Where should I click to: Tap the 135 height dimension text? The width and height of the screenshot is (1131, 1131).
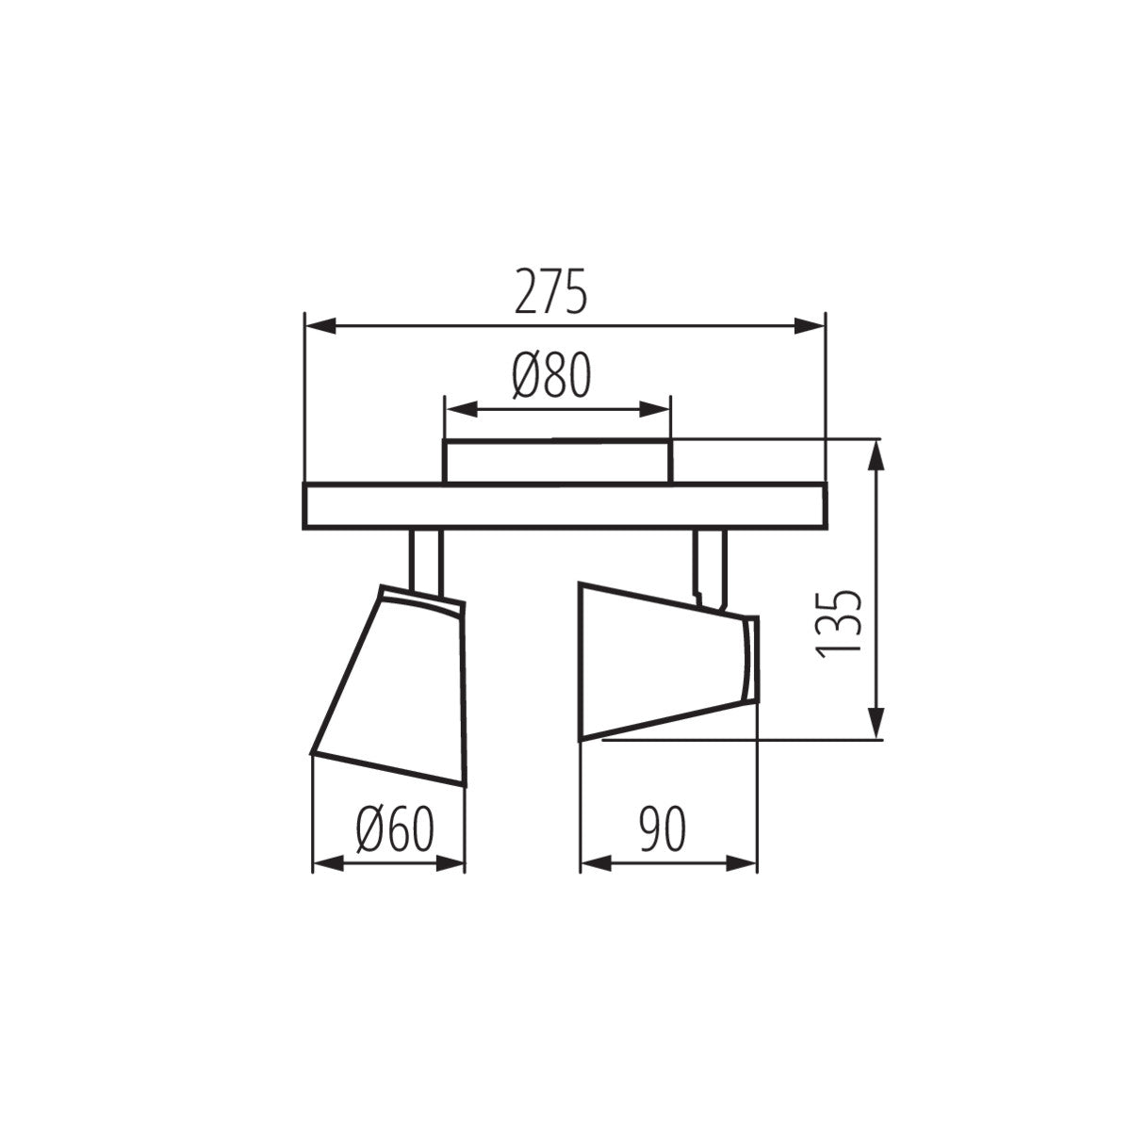click(837, 624)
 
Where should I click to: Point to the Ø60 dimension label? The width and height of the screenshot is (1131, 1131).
click(395, 829)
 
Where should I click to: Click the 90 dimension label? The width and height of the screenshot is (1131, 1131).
click(663, 829)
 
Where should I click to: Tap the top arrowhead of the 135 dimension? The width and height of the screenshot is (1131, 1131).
click(877, 457)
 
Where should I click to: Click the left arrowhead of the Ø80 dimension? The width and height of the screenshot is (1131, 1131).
click(460, 409)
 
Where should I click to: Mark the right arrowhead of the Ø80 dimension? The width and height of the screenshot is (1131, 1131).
click(656, 409)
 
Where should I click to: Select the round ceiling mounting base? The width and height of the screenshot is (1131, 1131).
click(558, 462)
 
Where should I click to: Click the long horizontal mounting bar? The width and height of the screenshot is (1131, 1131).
click(564, 506)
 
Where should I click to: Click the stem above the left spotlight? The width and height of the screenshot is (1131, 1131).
click(425, 560)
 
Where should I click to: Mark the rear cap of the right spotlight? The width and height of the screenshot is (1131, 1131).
click(750, 660)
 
